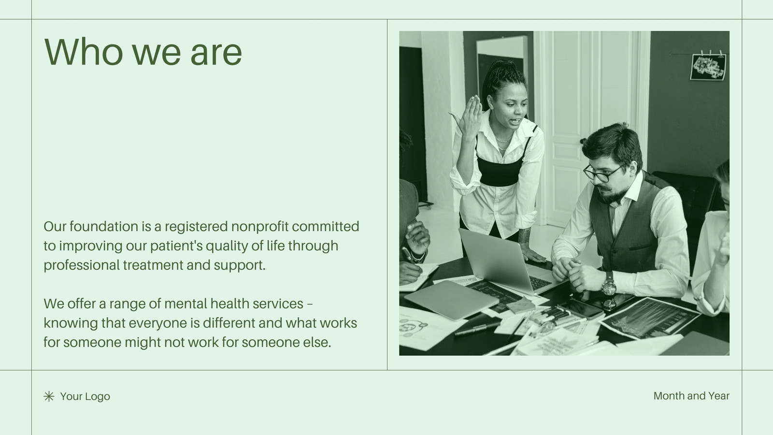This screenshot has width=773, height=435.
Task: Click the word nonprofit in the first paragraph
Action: (260, 227)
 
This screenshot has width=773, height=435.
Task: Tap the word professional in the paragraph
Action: (82, 265)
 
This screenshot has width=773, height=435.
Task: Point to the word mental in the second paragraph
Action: (186, 304)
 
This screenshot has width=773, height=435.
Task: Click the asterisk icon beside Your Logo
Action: (49, 396)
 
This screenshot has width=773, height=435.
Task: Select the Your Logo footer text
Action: (85, 396)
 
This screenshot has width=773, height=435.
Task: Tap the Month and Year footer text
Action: (691, 396)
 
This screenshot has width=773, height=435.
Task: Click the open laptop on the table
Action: (507, 262)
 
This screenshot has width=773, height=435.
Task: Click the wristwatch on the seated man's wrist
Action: (609, 285)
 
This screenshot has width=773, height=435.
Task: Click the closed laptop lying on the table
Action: (451, 300)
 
